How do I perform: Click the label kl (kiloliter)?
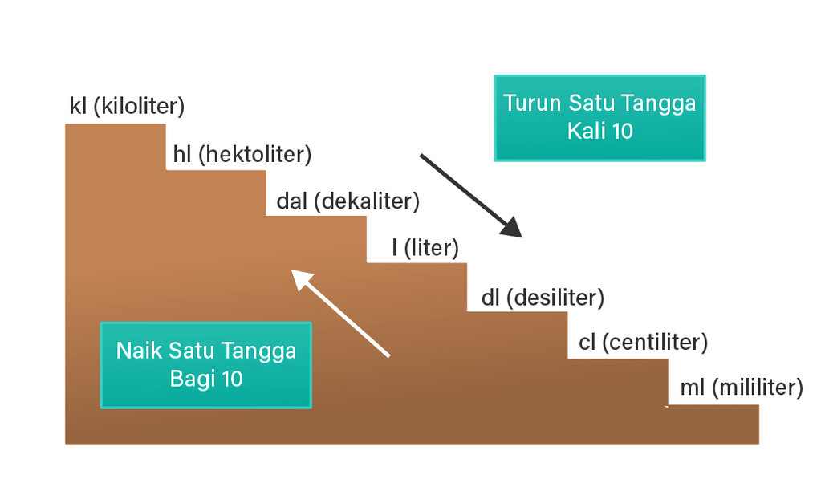127,107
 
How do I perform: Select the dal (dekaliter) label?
348,201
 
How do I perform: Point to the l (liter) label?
425,248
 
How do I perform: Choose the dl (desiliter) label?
542,298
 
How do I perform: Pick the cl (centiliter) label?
643,343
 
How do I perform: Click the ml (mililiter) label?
741,388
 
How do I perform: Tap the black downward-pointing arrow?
470,196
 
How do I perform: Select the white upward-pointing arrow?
340,313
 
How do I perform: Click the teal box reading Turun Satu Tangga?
599,118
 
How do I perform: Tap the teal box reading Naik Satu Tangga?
205,365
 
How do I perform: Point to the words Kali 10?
599,132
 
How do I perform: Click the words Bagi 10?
206,379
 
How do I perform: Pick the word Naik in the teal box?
139,351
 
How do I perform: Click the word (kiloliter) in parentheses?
139,107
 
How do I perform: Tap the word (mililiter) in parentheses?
757,388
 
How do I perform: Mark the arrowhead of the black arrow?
510,227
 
